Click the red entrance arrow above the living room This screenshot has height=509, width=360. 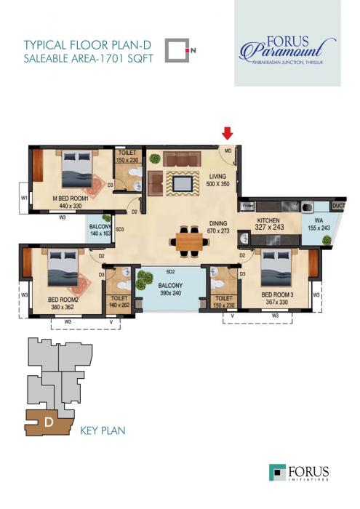point(228,133)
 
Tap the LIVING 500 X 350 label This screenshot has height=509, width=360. point(219,180)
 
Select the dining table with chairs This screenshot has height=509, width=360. point(188,239)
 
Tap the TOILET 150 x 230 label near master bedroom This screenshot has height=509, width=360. point(127,156)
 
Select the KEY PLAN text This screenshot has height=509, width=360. point(102,431)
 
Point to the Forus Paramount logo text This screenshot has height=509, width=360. point(287,49)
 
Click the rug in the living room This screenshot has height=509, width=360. point(183,182)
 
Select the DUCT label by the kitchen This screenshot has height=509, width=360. point(339,206)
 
